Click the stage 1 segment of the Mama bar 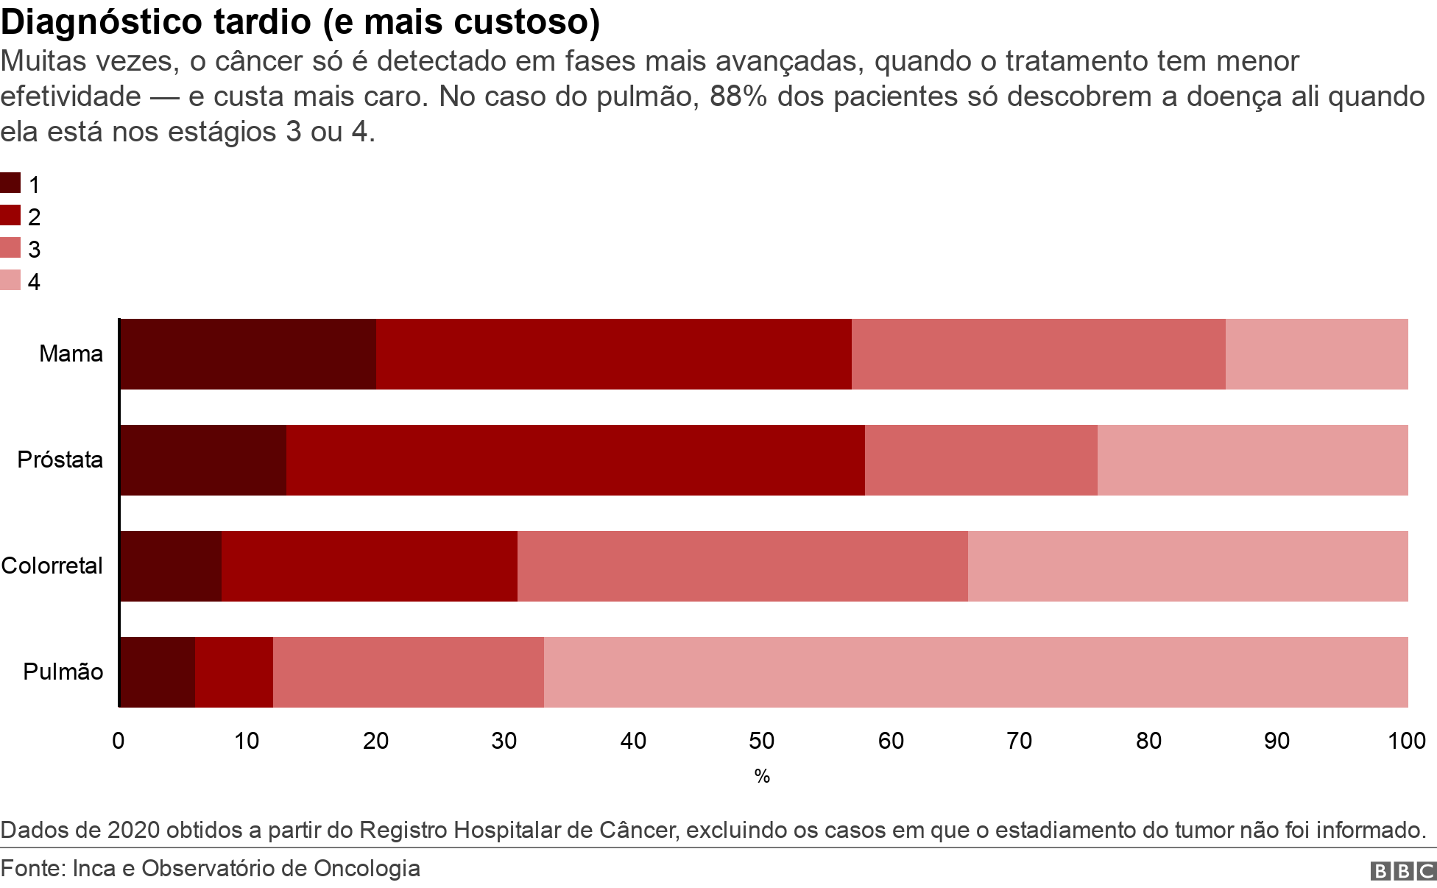(247, 354)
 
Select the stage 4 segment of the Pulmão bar (975, 672)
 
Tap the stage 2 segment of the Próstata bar (575, 460)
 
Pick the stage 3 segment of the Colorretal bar (742, 566)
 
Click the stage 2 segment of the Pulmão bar (234, 672)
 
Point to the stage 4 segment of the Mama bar (1316, 354)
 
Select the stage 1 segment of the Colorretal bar (170, 566)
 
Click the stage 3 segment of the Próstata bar (981, 460)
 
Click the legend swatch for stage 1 (10, 183)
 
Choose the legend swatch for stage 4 (10, 281)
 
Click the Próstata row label (60, 460)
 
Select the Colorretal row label (52, 566)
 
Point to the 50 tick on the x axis (762, 741)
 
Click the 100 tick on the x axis (1406, 741)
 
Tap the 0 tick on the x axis (119, 741)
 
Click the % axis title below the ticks (762, 776)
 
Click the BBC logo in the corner (1402, 871)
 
